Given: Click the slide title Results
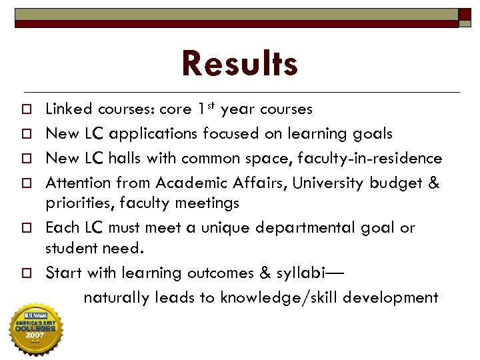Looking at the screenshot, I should [x=239, y=65].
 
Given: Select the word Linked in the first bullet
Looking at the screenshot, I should [x=69, y=109].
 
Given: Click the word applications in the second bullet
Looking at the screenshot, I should [x=153, y=134].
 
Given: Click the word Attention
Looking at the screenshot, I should [x=78, y=183].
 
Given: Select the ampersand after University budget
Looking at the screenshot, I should [x=433, y=183].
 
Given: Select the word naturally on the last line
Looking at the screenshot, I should [x=117, y=297].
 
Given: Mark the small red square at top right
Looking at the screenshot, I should [x=464, y=14].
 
